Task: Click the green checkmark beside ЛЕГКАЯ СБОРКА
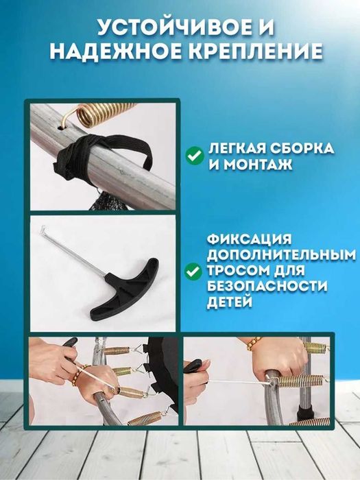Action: click(194, 156)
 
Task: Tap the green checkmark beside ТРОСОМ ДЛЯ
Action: click(194, 273)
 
